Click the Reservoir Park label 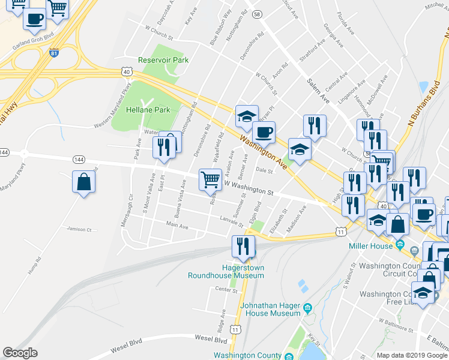(163, 60)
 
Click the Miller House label (370, 245)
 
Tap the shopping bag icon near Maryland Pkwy (83, 181)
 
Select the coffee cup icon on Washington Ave (263, 131)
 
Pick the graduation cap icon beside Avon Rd (246, 116)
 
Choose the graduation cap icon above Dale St (300, 149)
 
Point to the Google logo (20, 353)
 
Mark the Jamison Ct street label (79, 229)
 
